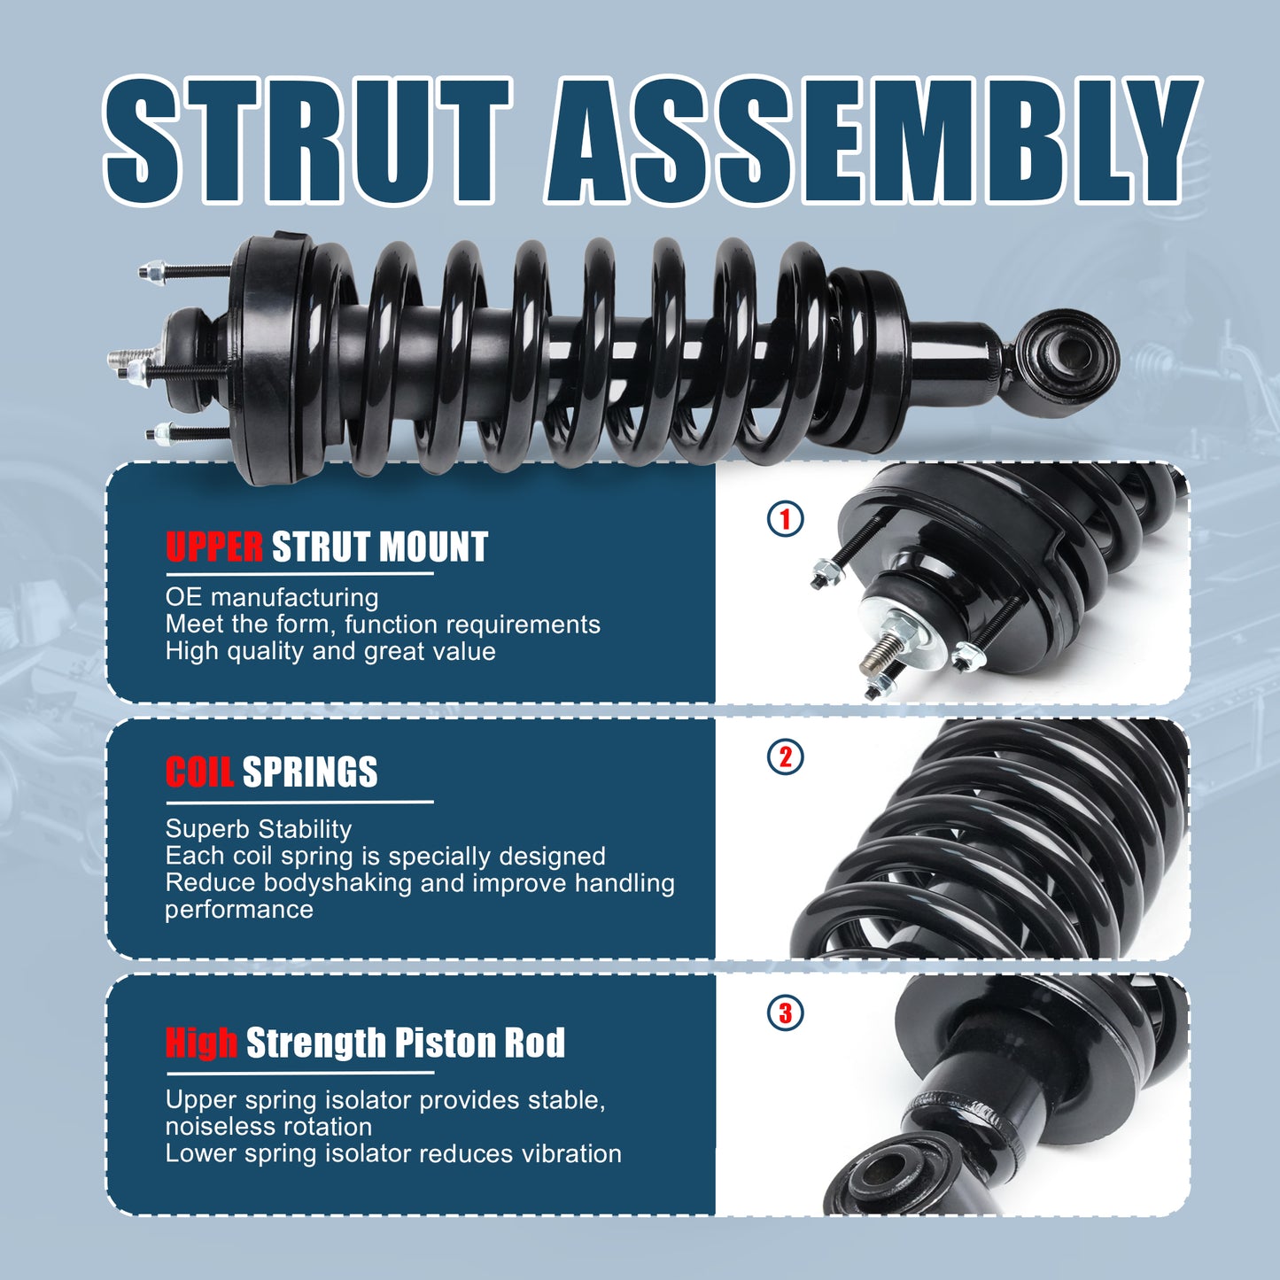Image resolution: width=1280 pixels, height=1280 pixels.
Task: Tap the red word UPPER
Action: click(214, 547)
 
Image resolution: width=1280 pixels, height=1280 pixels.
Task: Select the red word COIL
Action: click(199, 772)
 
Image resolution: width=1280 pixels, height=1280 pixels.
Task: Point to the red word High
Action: click(201, 1043)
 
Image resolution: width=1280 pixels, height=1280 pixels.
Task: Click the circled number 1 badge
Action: click(785, 518)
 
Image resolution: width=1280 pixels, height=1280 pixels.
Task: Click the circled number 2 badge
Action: click(785, 757)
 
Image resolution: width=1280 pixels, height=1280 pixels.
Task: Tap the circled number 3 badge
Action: click(785, 1012)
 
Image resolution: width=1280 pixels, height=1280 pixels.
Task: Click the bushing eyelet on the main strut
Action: click(1067, 359)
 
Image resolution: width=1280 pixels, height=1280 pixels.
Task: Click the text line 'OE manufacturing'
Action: click(272, 597)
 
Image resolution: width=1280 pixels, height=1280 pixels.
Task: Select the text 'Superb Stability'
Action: click(259, 829)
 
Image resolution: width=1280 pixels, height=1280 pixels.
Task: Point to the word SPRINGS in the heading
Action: click(310, 772)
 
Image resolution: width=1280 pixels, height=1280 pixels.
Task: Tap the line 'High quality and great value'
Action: click(330, 651)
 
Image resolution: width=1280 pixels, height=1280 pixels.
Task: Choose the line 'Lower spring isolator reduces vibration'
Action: click(393, 1153)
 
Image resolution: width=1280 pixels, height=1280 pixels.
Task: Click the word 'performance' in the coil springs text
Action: click(239, 910)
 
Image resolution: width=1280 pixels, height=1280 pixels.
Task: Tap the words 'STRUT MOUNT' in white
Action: click(379, 547)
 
